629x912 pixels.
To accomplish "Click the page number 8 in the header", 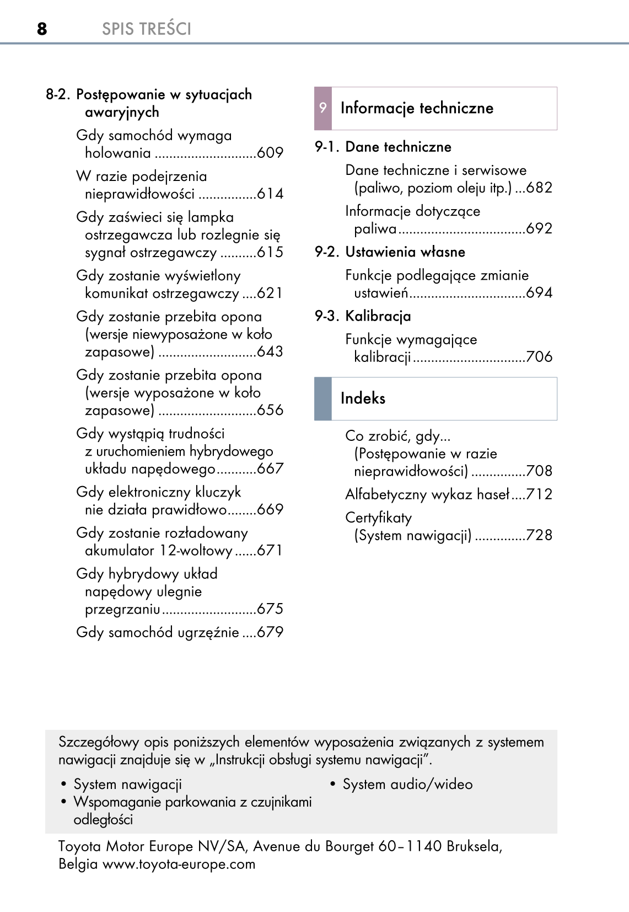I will pos(42,29).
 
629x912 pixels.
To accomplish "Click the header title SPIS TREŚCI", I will pos(146,29).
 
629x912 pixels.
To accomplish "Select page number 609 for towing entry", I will pos(270,153).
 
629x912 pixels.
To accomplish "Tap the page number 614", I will pos(270,194).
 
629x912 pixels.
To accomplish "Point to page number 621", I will pos(270,293).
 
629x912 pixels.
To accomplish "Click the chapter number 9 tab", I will pos(323,108).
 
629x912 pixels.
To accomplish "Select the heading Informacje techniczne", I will pos(417,108).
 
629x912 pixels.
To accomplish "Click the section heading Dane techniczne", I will pos(398,147).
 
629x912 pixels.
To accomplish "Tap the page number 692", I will pos(539,228).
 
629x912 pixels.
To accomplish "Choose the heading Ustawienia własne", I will pos(405,252).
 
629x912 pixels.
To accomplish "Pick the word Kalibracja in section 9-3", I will pos(378,316).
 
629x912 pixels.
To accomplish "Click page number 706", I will pos(539,356).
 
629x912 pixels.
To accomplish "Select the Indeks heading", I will pos(363,398).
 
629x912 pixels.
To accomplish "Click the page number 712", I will pos(539,494).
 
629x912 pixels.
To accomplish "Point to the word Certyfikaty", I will pos(378,518).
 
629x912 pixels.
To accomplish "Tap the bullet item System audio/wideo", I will pos(407,784).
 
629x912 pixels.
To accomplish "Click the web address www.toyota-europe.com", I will pos(179,864).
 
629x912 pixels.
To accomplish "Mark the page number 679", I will pos(270,632).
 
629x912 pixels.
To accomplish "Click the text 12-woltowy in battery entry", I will pos(196,550).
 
